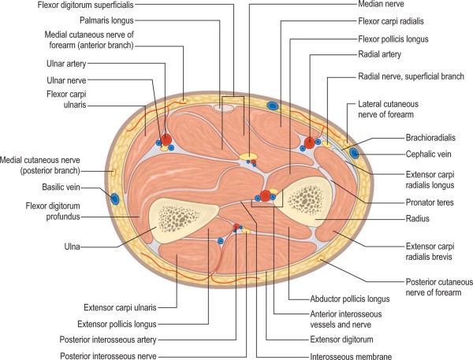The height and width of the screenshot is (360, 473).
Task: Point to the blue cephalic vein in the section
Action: point(354,152)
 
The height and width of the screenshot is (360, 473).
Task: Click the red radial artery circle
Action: point(309,143)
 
